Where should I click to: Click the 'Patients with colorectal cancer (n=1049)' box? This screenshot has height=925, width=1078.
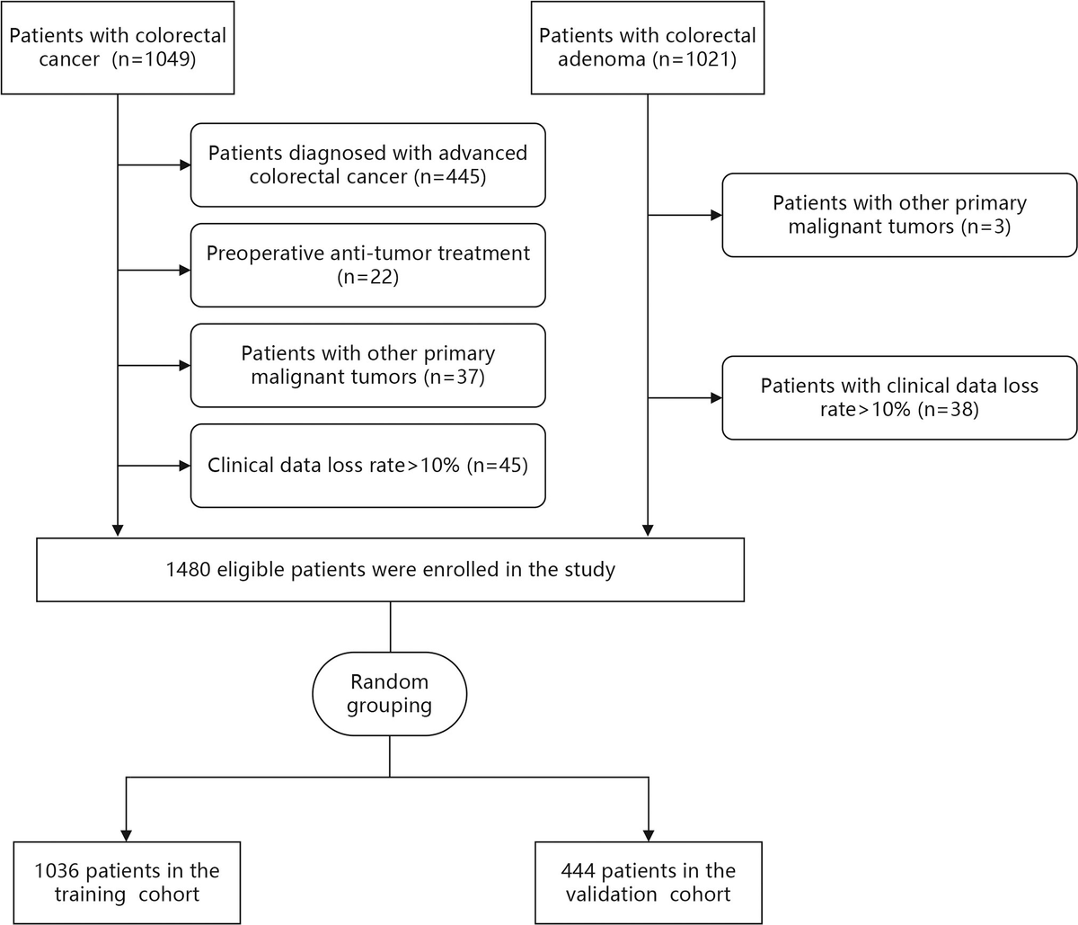(118, 48)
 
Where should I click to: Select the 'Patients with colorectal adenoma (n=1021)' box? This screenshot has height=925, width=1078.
(648, 48)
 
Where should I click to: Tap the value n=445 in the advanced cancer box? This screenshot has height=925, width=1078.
(450, 176)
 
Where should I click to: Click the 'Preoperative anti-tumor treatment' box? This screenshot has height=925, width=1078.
(367, 265)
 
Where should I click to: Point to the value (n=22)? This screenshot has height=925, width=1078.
(367, 277)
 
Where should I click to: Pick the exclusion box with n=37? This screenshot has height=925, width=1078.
(367, 365)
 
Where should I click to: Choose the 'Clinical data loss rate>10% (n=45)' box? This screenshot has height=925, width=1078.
(367, 466)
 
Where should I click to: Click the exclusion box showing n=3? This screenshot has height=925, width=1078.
(899, 215)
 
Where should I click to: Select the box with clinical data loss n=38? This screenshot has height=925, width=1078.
(899, 397)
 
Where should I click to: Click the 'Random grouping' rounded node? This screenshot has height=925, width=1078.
(390, 694)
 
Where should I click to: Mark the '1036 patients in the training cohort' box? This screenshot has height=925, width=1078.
(127, 883)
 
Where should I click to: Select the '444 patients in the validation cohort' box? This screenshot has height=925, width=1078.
(648, 883)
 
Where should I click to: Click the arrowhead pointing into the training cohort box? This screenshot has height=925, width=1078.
(127, 834)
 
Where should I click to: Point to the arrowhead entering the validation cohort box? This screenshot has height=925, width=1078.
(648, 834)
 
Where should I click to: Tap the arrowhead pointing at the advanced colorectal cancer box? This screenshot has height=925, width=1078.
(185, 165)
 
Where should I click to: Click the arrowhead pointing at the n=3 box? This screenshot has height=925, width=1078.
(717, 216)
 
